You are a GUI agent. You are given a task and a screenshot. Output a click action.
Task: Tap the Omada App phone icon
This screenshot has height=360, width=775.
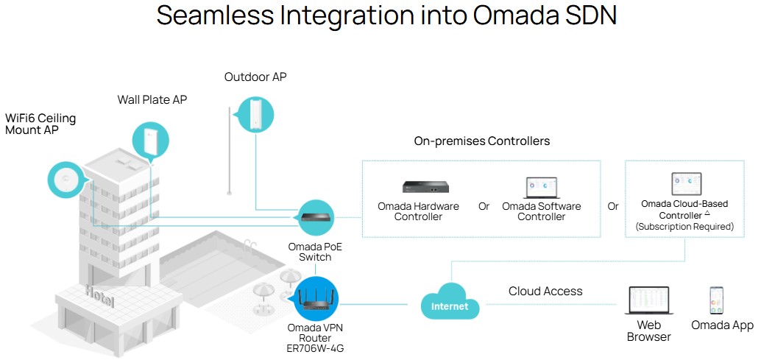[716, 300]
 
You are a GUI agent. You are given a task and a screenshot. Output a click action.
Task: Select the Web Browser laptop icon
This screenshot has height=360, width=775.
[648, 300]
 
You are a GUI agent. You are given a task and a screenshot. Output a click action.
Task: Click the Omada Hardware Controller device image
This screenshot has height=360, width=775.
[425, 187]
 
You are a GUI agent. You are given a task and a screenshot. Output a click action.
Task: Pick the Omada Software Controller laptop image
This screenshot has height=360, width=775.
[541, 188]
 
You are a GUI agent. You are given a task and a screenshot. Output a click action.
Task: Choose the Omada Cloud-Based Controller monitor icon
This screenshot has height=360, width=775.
[687, 184]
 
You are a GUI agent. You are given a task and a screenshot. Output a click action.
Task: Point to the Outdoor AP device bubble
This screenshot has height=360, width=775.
[255, 114]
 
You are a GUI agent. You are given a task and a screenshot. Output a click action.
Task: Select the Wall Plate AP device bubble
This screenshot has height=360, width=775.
[150, 141]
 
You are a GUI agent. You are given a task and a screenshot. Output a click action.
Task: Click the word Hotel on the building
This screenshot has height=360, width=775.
[100, 296]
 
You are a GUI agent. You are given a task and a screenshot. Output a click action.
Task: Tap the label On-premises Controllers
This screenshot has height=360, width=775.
[482, 141]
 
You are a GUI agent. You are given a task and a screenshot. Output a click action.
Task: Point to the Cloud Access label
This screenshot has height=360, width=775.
[545, 292]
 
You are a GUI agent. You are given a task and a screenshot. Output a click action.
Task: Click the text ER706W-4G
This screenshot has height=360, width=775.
[315, 349]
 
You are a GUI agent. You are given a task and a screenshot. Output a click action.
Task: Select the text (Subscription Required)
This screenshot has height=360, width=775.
[684, 227]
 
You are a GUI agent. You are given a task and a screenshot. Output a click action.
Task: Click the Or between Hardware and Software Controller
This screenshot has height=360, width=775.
[484, 206]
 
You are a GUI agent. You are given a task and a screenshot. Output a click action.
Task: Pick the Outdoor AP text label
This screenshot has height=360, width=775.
[255, 77]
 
